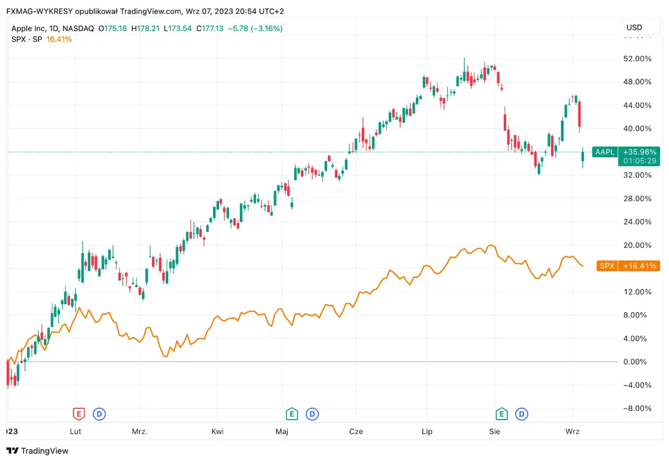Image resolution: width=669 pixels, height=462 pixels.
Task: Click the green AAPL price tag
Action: (604, 152)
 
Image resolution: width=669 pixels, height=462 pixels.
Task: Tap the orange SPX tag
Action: (607, 266)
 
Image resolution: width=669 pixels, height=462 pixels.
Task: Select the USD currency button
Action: (634, 27)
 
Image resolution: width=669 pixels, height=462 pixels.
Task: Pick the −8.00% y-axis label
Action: (636, 408)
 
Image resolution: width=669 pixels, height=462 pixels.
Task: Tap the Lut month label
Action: (76, 431)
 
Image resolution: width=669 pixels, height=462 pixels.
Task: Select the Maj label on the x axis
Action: (282, 431)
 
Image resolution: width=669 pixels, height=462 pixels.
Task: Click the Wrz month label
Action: (572, 431)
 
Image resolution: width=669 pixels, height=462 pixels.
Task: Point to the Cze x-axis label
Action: (356, 431)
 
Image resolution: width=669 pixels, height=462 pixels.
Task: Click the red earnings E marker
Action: (79, 414)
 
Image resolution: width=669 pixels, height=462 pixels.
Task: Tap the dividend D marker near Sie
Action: (522, 414)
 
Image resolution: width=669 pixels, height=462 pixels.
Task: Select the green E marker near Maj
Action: (290, 414)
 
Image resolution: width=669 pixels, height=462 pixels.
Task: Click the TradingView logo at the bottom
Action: (37, 450)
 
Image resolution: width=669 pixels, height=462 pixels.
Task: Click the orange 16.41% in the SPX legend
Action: (59, 39)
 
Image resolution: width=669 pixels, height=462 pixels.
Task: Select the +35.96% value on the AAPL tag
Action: (640, 152)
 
